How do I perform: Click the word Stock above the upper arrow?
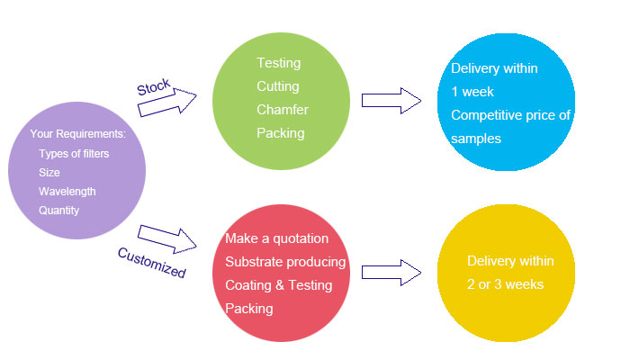tap(153, 87)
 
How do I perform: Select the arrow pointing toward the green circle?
tap(168, 102)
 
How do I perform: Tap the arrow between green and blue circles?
tap(391, 100)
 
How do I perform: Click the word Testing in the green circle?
tap(279, 64)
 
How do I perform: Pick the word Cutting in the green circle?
tap(278, 86)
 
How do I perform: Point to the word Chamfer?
tap(283, 110)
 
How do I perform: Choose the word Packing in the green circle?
tap(281, 133)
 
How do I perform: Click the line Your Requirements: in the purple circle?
tap(78, 134)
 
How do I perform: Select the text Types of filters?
tap(74, 154)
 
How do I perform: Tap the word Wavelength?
tap(67, 192)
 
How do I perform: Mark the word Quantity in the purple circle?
tap(59, 211)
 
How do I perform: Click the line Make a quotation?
tap(276, 238)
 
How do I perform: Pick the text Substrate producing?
tap(285, 262)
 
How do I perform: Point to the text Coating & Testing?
tap(278, 285)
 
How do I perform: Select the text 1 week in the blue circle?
tap(472, 92)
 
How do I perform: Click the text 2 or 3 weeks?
tap(504, 284)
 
